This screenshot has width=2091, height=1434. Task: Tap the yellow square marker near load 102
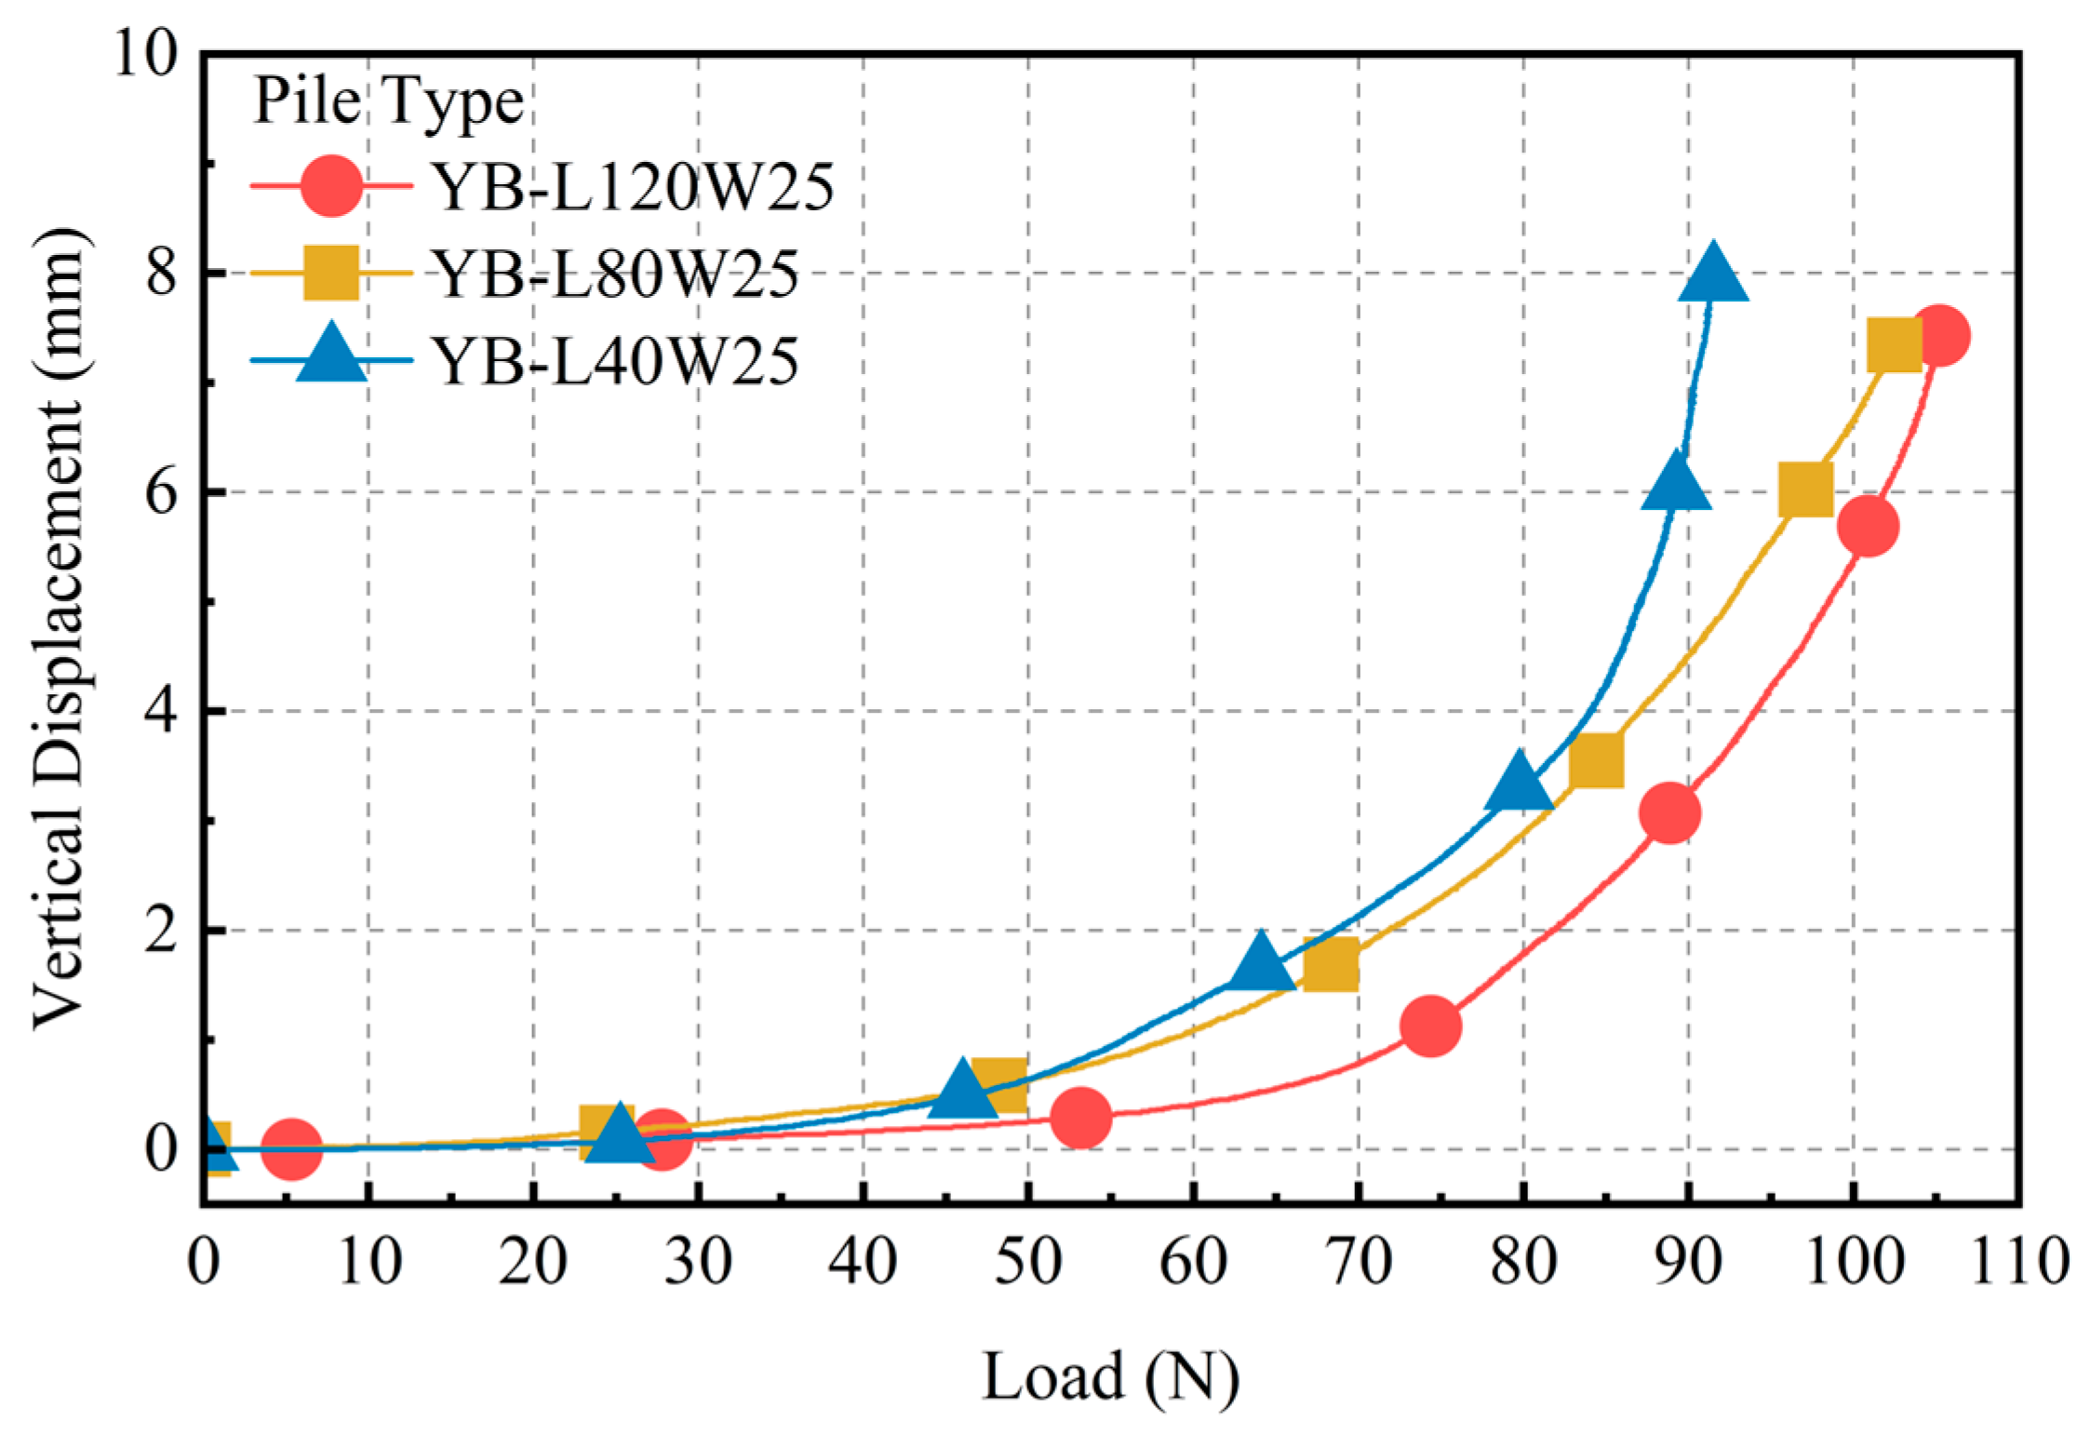coord(1895,343)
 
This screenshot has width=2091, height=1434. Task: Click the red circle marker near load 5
coord(291,1148)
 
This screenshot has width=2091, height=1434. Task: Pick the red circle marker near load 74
coord(1429,1025)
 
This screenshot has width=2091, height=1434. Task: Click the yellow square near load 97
coord(1805,489)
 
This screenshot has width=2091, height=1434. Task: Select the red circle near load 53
coord(1080,1117)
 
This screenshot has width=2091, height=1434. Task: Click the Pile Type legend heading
coord(388,101)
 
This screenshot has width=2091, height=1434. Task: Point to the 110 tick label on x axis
coord(2019,1263)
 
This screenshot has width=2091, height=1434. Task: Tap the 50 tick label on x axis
coord(1028,1263)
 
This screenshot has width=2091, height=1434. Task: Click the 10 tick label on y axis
coord(145,53)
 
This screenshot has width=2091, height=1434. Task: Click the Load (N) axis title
coord(1111,1376)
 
